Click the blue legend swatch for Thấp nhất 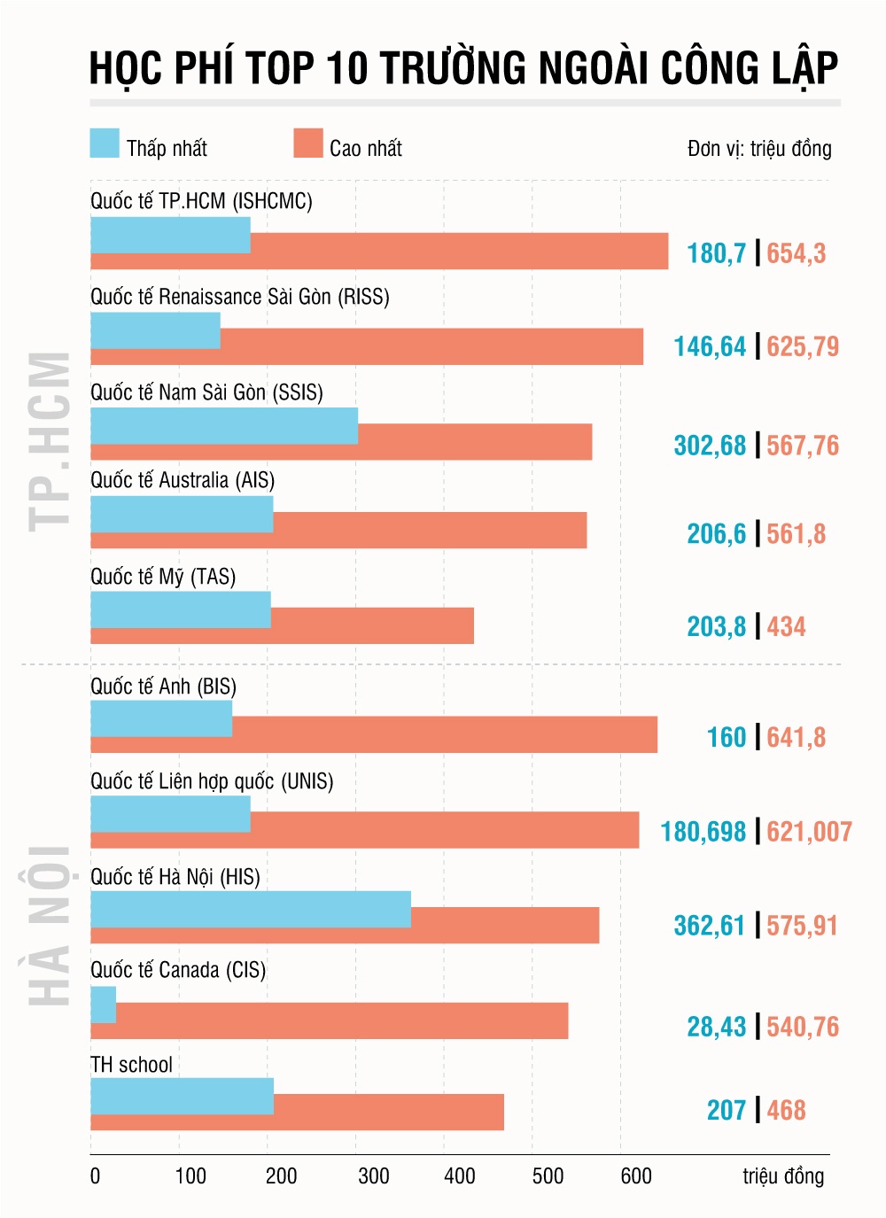point(105,144)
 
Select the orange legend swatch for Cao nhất point(308,144)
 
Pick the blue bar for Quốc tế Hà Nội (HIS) point(251,909)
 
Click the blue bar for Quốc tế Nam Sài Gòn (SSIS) point(224,425)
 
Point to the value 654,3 point(796,253)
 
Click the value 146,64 point(710,346)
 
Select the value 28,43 point(716,1027)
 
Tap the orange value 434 point(786,627)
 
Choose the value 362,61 point(710,926)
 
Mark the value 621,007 point(809,832)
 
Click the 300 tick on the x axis point(373,1176)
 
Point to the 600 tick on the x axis point(636,1176)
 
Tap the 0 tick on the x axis point(95,1176)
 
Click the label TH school point(131,1065)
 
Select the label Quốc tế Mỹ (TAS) point(163,577)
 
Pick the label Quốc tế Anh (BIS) point(163,687)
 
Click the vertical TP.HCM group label point(51,441)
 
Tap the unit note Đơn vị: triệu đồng point(759,149)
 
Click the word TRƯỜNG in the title point(453,68)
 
